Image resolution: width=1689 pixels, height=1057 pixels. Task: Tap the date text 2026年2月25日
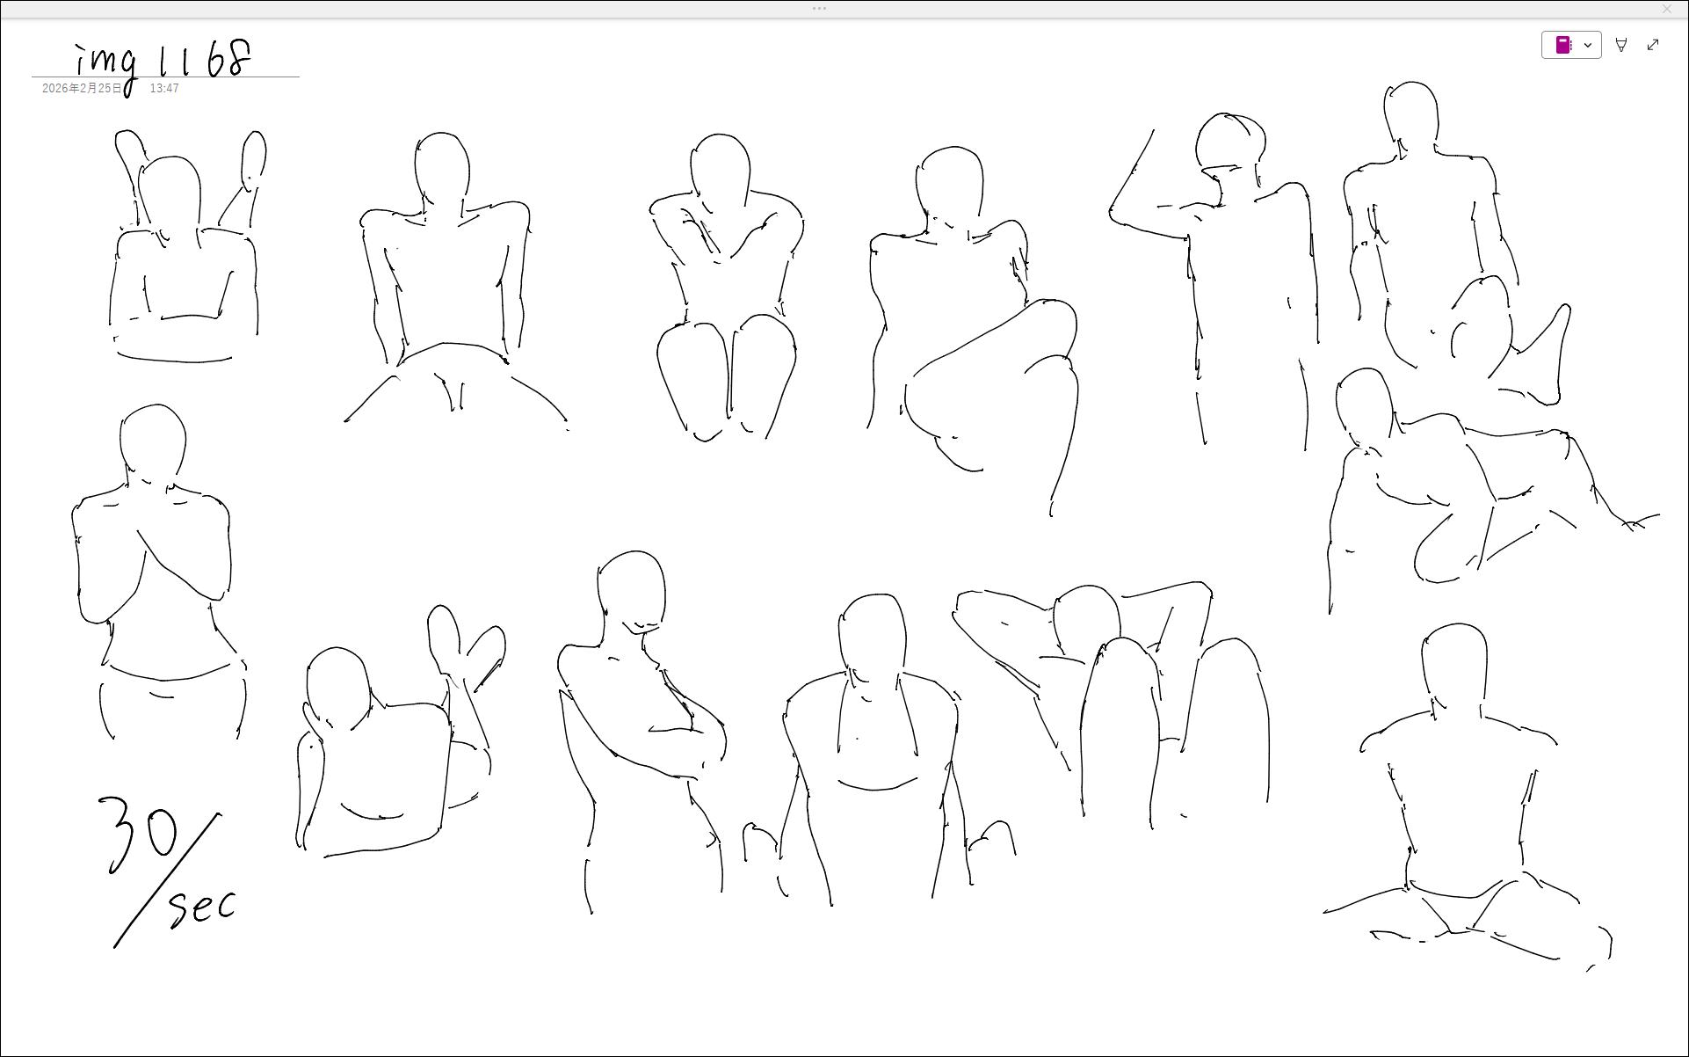tap(83, 89)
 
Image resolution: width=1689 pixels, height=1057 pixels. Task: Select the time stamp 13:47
tap(164, 89)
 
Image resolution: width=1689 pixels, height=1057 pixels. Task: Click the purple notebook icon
tap(1563, 45)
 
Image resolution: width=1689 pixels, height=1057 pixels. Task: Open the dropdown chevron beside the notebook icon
tap(1588, 45)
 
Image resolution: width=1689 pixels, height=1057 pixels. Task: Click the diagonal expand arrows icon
tap(1653, 45)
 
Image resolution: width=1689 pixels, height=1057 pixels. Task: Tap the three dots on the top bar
tap(819, 9)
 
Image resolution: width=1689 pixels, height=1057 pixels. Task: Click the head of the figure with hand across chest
tap(154, 444)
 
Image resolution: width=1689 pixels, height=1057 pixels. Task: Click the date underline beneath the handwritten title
tap(165, 77)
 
